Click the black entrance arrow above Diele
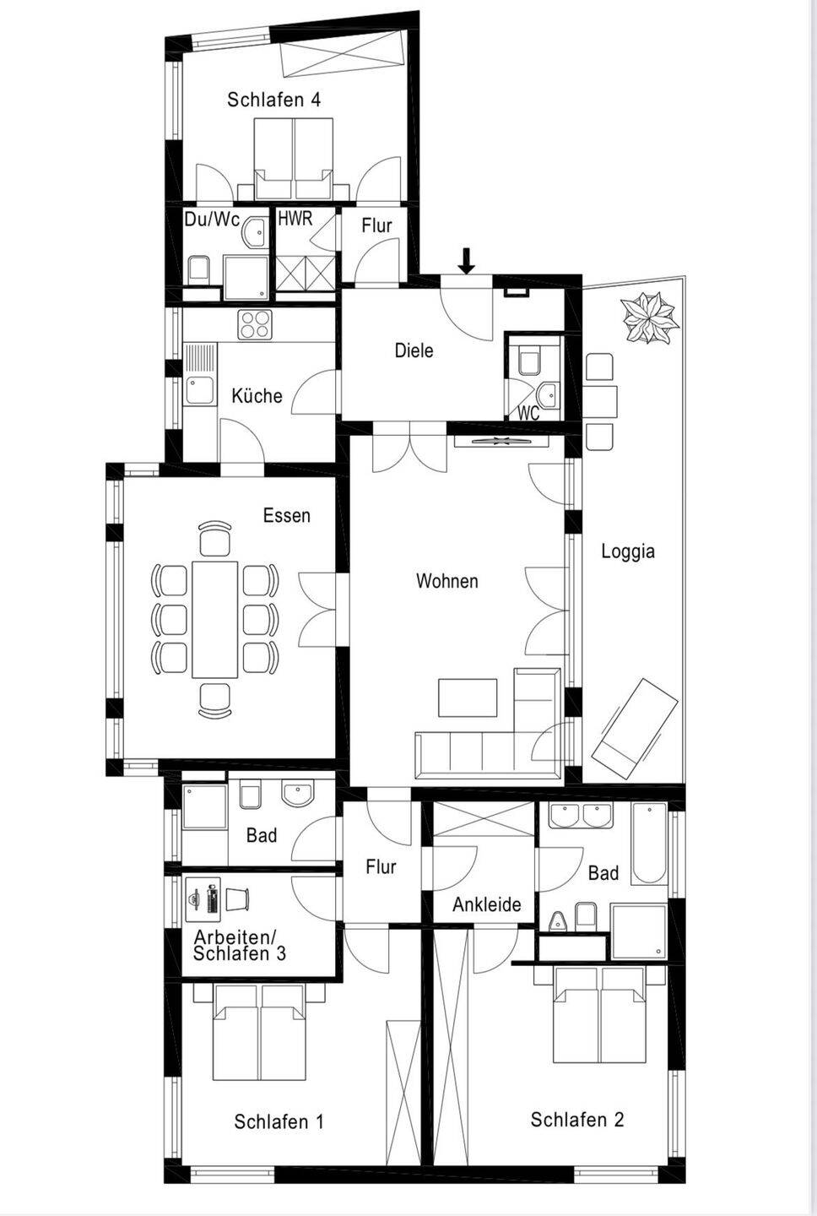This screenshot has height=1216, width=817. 466,261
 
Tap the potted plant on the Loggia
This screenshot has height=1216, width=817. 651,318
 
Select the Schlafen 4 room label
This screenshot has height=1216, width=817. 274,100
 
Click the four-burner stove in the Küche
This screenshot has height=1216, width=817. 254,324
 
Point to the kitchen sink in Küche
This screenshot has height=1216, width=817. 201,375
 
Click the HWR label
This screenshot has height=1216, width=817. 295,219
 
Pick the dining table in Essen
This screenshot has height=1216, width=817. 215,620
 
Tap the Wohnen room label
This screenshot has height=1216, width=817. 447,581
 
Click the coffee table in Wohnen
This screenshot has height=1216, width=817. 468,698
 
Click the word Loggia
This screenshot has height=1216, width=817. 628,551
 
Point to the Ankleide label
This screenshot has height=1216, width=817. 487,904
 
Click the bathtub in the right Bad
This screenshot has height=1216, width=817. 650,843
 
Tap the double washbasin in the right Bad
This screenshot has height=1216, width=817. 581,816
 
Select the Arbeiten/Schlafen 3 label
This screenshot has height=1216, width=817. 239,945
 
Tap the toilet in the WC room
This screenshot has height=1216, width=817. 529,362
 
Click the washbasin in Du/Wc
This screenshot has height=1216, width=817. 254,232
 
